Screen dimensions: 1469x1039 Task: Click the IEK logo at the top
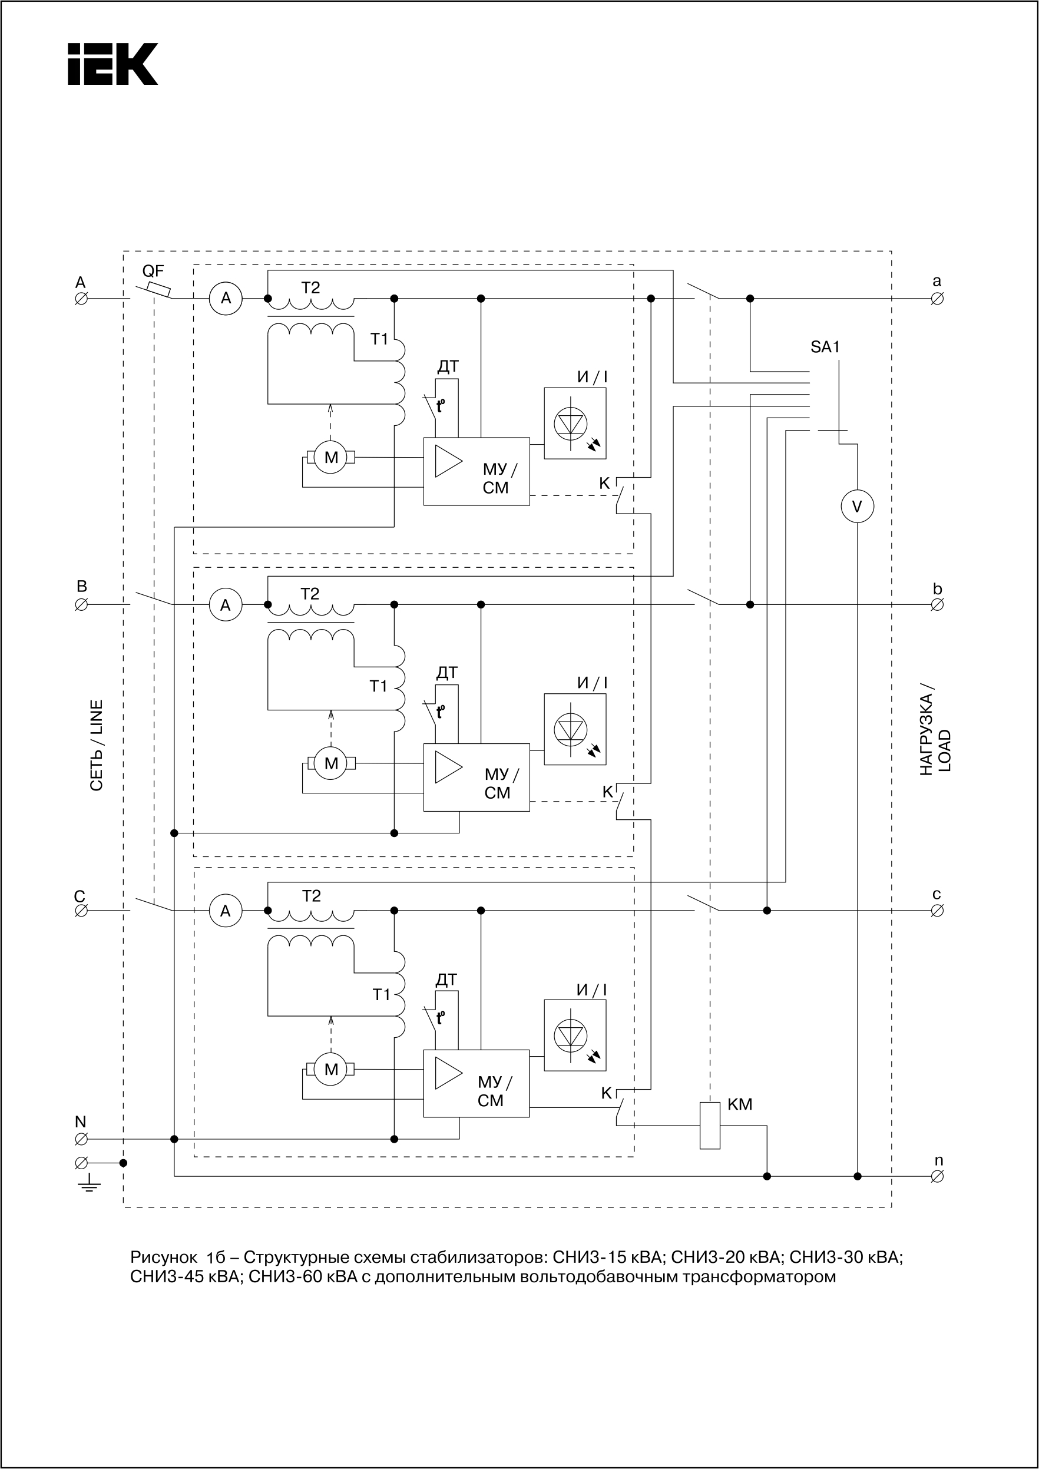pos(112,64)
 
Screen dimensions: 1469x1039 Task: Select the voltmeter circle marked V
pos(858,506)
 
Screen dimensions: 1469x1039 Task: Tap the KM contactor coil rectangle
pos(710,1126)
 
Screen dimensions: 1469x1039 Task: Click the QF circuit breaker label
pos(153,272)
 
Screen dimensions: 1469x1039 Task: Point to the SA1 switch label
pos(825,348)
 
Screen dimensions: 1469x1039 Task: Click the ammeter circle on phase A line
pos(226,298)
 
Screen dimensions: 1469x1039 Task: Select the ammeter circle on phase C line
pos(226,911)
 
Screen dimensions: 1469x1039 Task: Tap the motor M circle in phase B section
pos(331,763)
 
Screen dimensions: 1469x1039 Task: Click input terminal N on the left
pos(81,1139)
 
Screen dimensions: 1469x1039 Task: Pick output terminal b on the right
pos(937,604)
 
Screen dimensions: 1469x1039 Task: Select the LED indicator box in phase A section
pos(574,423)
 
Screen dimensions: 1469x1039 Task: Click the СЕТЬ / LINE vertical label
pos(97,745)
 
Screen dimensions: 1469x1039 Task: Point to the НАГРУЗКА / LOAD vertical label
pos(935,733)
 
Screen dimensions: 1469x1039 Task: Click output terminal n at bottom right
pos(937,1176)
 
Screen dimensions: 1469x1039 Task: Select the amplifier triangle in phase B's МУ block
pos(448,766)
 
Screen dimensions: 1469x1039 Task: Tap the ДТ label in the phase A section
pos(448,366)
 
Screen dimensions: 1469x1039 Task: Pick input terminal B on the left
pos(81,604)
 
